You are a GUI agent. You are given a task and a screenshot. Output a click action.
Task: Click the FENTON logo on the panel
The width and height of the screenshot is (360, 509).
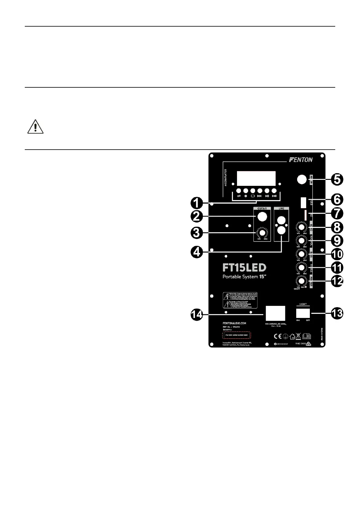tap(301, 160)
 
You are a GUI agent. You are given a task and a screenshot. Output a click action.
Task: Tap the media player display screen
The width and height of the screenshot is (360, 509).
tap(256, 178)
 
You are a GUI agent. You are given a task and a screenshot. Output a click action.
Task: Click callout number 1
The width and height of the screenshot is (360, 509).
tap(197, 203)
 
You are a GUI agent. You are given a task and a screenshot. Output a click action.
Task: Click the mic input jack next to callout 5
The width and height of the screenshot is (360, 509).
tap(301, 180)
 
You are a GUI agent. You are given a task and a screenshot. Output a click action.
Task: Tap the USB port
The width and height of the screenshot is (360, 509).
tap(304, 203)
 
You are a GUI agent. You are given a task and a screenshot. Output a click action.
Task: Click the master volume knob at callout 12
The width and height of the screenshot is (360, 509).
tap(301, 281)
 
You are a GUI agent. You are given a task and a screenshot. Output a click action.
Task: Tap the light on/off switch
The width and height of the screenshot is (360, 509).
tap(303, 312)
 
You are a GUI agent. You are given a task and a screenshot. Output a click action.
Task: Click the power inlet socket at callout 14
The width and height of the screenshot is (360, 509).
tap(275, 313)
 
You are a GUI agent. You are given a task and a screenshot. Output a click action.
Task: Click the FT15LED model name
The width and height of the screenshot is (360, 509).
tap(244, 268)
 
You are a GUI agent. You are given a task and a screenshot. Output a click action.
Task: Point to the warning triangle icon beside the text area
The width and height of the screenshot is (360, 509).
tap(35, 127)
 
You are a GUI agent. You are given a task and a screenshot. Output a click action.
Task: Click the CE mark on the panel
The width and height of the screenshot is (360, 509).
tap(278, 336)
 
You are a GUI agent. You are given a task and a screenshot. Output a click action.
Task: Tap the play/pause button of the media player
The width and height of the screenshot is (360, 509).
tap(267, 191)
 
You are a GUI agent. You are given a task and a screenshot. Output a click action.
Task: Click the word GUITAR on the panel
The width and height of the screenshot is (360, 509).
tap(262, 209)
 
